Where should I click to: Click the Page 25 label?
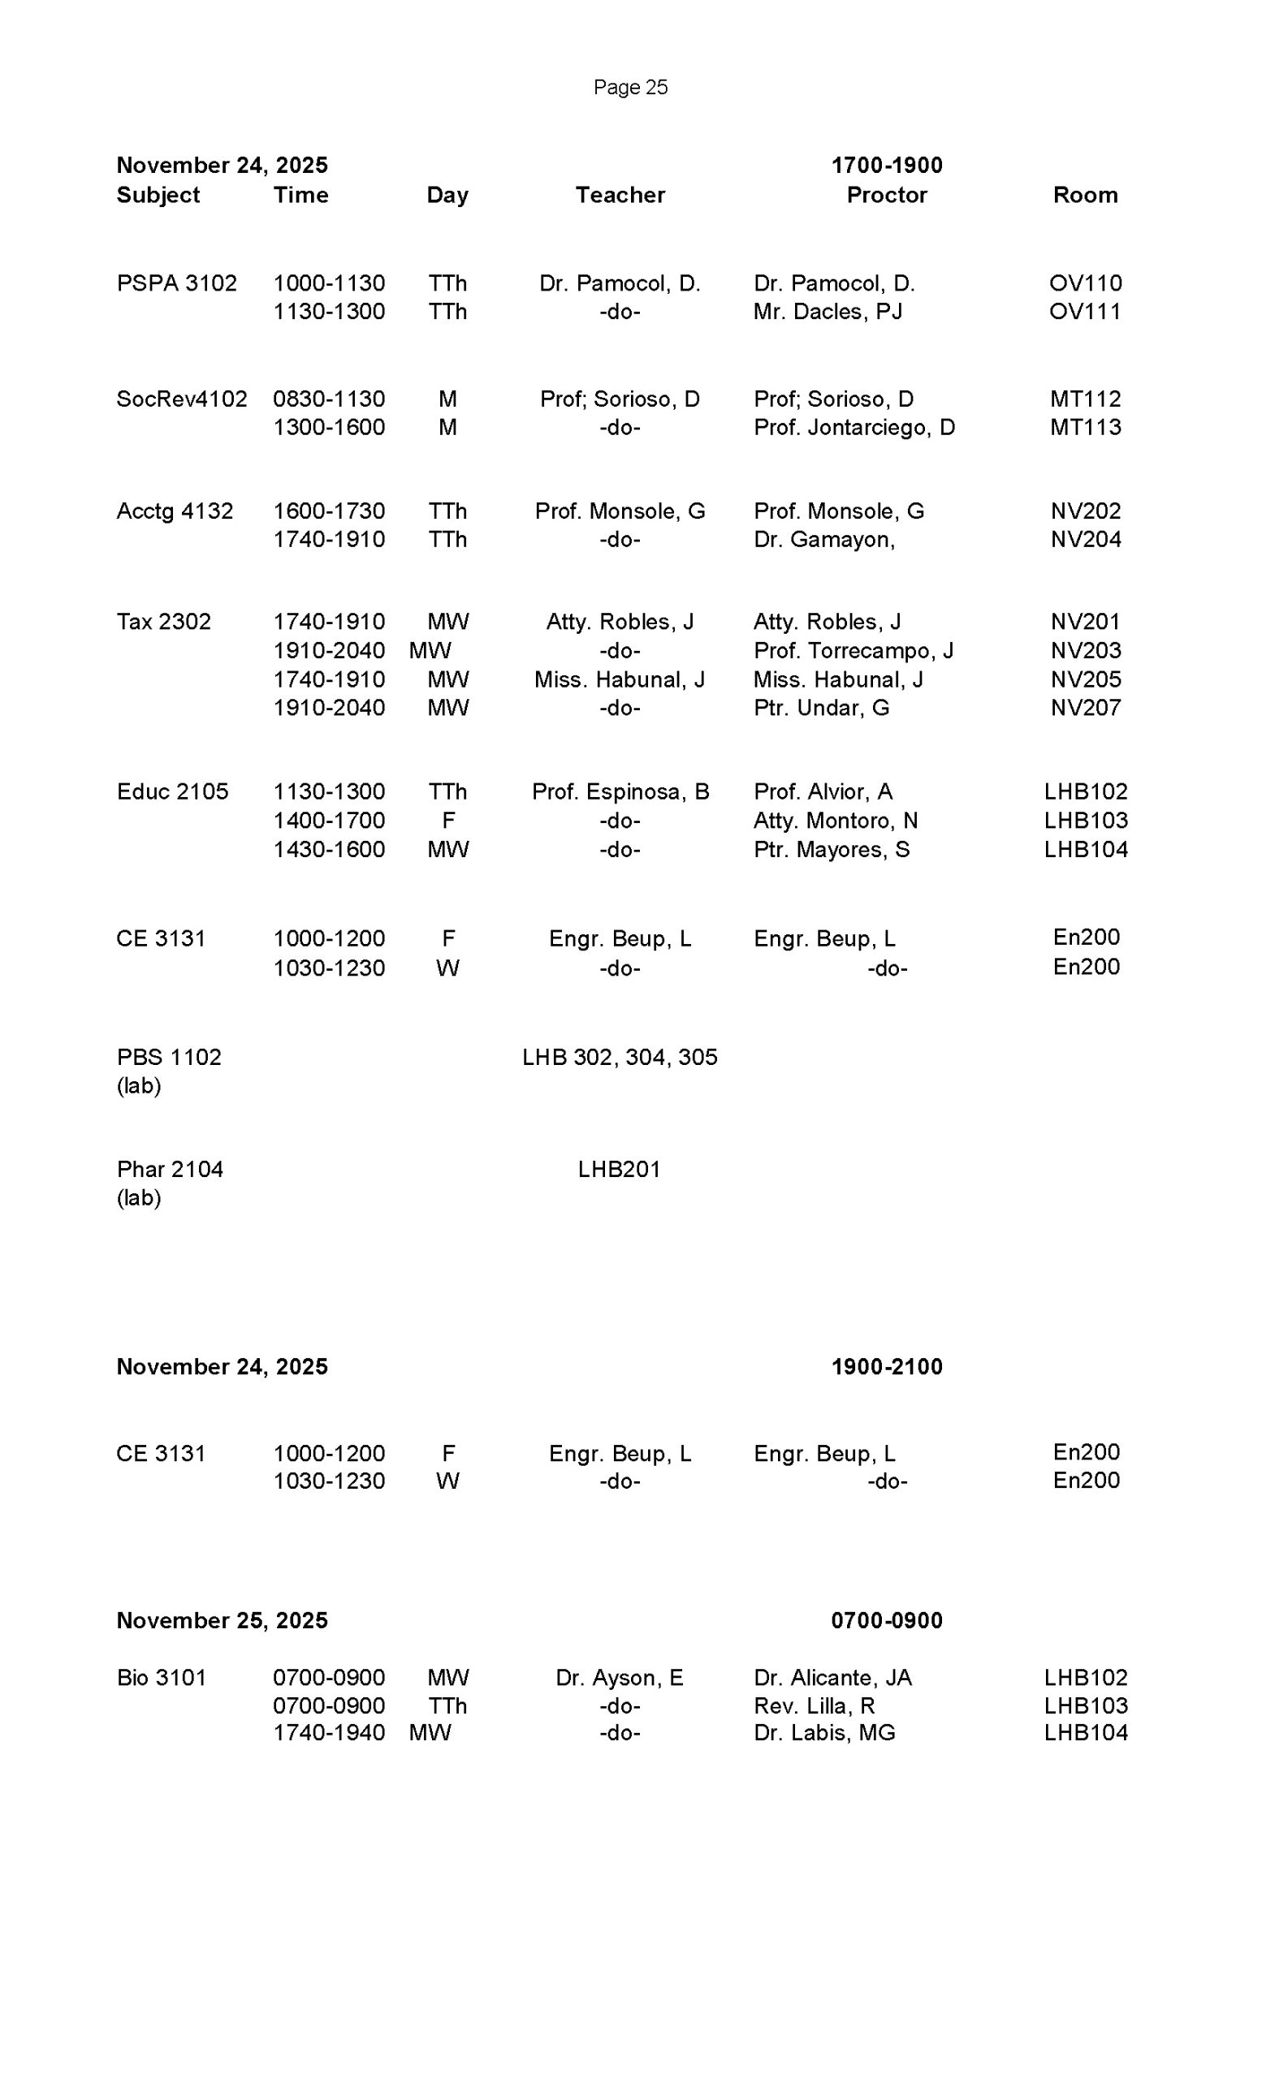pyautogui.click(x=630, y=88)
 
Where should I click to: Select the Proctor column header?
pyautogui.click(x=886, y=195)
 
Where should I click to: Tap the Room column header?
pyautogui.click(x=1085, y=195)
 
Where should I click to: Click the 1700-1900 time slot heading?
pyautogui.click(x=886, y=166)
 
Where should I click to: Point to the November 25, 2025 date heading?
pyautogui.click(x=222, y=1620)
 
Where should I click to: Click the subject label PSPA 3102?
pyautogui.click(x=176, y=283)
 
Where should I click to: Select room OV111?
pyautogui.click(x=1085, y=312)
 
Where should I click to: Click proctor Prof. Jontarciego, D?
pyautogui.click(x=854, y=428)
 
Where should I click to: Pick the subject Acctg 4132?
pyautogui.click(x=175, y=511)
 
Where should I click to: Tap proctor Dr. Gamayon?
pyautogui.click(x=823, y=540)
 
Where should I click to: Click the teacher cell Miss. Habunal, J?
pyautogui.click(x=619, y=679)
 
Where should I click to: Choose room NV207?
pyautogui.click(x=1085, y=708)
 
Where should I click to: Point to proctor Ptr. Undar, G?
pyautogui.click(x=821, y=708)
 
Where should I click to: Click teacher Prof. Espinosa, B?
pyautogui.click(x=619, y=792)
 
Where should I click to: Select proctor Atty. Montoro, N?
pyautogui.click(x=835, y=821)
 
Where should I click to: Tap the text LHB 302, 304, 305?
pyautogui.click(x=619, y=1058)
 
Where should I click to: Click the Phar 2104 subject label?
pyautogui.click(x=170, y=1170)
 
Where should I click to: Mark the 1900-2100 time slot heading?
pyautogui.click(x=886, y=1367)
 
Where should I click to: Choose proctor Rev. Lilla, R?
pyautogui.click(x=814, y=1706)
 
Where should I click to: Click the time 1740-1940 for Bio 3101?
pyautogui.click(x=328, y=1733)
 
